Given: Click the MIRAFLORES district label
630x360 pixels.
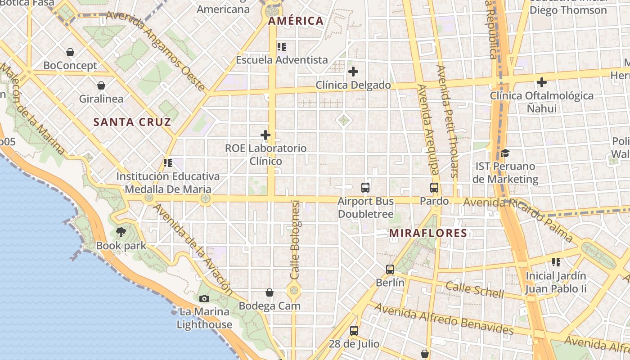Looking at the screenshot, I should coord(428,233).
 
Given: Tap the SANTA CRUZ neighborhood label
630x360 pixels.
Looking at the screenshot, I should coord(132,122).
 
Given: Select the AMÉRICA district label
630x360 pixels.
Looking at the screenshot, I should coord(296,21).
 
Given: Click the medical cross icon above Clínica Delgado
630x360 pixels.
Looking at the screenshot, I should coord(353,71).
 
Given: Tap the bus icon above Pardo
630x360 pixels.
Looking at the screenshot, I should coord(434,188).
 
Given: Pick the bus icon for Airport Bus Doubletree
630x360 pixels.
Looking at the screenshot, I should coord(365,188).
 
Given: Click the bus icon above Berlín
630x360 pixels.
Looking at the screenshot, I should coord(390,270).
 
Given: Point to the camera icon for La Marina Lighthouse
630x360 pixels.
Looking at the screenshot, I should coord(204,298).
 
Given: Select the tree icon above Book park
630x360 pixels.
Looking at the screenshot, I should coord(121,232).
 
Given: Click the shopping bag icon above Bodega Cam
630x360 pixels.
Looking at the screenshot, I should coord(270,292).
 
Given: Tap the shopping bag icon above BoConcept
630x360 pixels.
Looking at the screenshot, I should coord(70,52).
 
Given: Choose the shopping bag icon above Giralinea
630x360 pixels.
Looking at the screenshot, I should coord(101,85).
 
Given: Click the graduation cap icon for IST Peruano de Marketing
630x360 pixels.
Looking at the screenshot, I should coord(505,153).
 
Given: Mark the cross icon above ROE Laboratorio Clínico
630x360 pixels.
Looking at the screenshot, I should coord(265,135).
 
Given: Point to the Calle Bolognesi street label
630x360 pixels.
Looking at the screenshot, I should coord(295,239).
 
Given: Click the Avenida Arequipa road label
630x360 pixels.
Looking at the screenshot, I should coord(428,129).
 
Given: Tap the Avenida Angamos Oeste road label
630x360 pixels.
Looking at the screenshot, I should coord(155,50).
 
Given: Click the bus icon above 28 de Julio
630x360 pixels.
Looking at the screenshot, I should coord(354,331).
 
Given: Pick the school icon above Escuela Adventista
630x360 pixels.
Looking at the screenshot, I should coord(282,46).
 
